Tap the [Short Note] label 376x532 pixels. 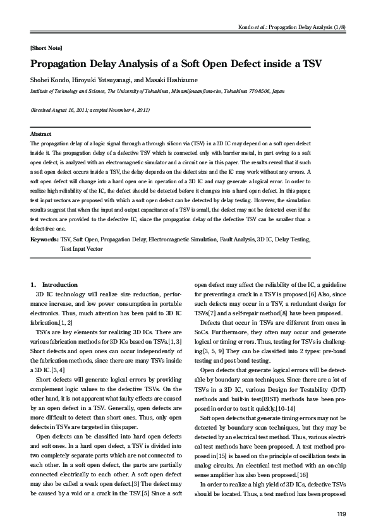[45, 48]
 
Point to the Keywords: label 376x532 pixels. [44, 241]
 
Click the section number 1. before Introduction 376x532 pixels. [34, 285]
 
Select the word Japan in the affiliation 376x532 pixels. [269, 91]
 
